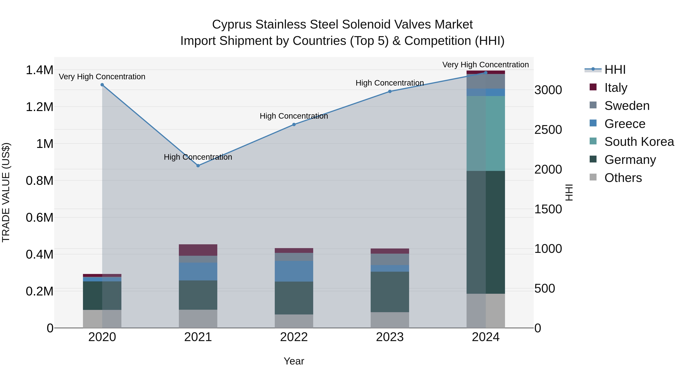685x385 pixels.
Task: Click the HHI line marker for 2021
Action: point(198,166)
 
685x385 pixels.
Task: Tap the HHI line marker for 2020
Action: point(102,85)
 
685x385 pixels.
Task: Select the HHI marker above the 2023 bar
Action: point(390,91)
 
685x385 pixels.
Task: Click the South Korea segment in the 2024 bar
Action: point(486,133)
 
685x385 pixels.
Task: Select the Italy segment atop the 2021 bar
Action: point(198,250)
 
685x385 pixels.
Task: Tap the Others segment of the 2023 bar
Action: point(390,320)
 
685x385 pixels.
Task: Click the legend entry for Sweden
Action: point(627,106)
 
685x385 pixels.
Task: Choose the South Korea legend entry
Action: point(639,142)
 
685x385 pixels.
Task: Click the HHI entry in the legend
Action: point(615,70)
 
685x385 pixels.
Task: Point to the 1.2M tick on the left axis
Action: point(40,107)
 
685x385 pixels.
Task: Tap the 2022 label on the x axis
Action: point(294,337)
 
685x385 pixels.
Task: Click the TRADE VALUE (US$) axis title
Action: point(6,192)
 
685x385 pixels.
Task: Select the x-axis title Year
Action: point(294,361)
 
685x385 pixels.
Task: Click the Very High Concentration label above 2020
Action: point(102,77)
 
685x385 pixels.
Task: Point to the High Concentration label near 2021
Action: point(198,157)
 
